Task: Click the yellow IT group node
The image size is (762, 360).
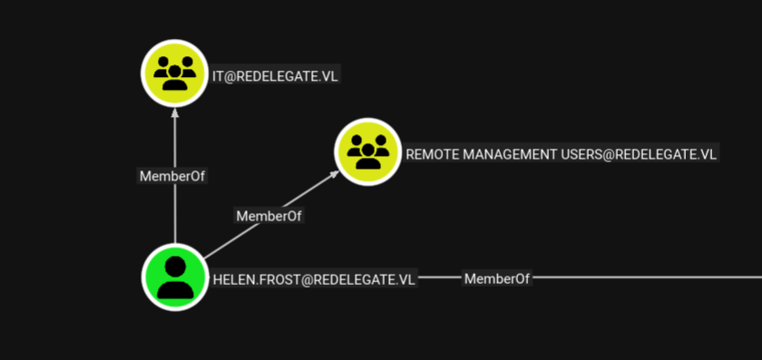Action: pyautogui.click(x=174, y=73)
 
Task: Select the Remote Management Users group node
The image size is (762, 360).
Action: pyautogui.click(x=368, y=151)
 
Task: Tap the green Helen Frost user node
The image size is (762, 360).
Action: pyautogui.click(x=175, y=277)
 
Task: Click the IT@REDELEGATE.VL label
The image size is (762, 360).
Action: pyautogui.click(x=275, y=76)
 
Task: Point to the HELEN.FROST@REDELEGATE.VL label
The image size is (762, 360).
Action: pyautogui.click(x=314, y=280)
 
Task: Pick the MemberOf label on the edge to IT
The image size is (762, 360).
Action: pyautogui.click(x=172, y=176)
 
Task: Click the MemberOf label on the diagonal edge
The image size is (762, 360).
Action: pyautogui.click(x=269, y=216)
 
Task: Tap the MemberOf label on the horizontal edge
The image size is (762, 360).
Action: pyautogui.click(x=497, y=279)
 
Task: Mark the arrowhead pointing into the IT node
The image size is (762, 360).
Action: pyautogui.click(x=175, y=112)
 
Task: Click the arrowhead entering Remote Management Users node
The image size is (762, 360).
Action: pyautogui.click(x=334, y=173)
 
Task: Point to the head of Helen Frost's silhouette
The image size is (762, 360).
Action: pyautogui.click(x=175, y=266)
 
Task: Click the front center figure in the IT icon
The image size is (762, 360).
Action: pyautogui.click(x=174, y=78)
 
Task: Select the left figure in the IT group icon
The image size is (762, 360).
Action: pyautogui.click(x=162, y=66)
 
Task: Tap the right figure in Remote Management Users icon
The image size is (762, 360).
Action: pyautogui.click(x=380, y=145)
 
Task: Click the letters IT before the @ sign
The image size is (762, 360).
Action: pyautogui.click(x=218, y=76)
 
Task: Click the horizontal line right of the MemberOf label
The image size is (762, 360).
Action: pyautogui.click(x=647, y=277)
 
